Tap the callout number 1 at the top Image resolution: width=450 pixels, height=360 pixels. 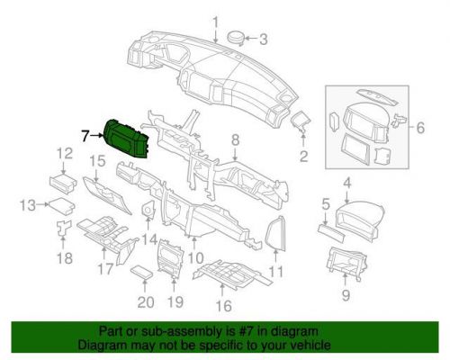tap(215, 22)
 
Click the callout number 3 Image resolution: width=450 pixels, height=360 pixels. tap(263, 40)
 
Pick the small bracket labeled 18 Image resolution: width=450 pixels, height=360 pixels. tap(63, 229)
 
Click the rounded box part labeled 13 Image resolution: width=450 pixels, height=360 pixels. tap(60, 206)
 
